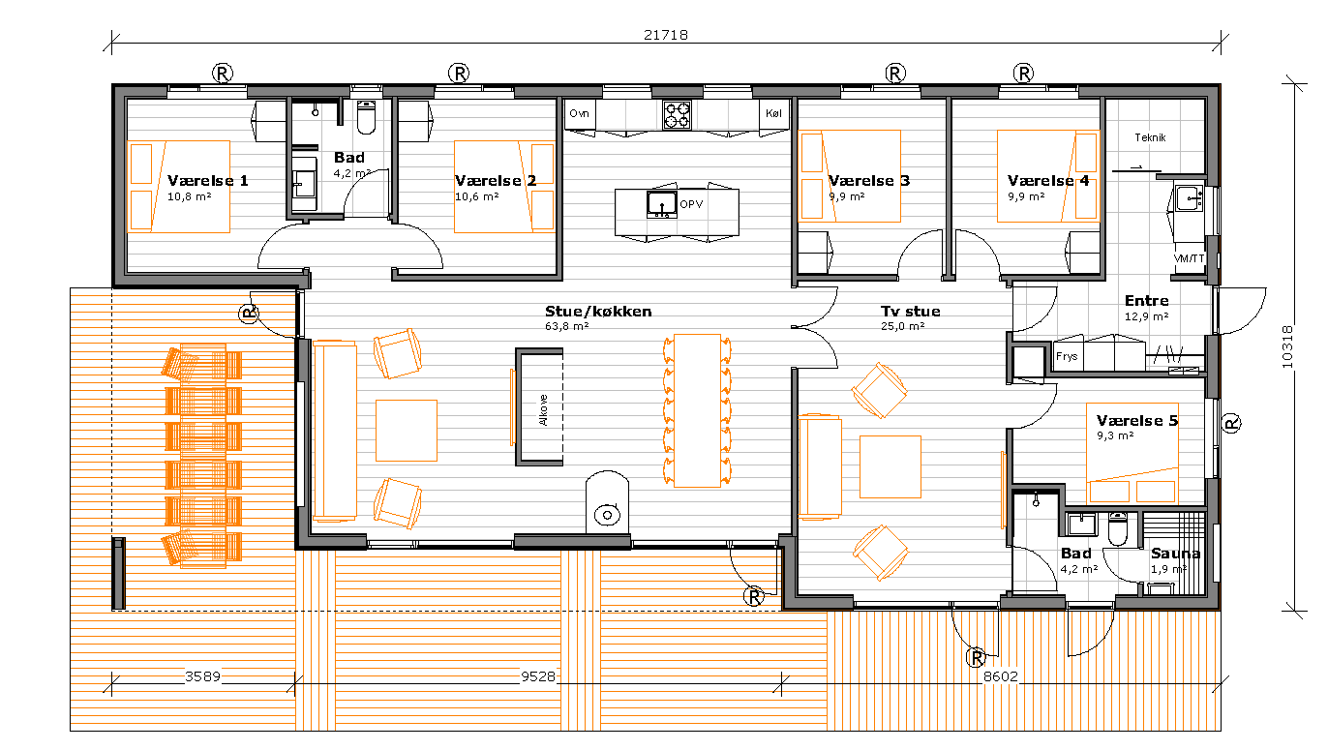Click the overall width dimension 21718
coord(666,35)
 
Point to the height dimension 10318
coord(1287,346)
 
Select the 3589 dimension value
coord(202,676)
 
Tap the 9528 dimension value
coord(538,676)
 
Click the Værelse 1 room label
coord(207,180)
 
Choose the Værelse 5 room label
coord(1137,420)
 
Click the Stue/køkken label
coord(598,312)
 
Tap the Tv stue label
coord(911,312)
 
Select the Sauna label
coord(1176,554)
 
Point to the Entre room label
coord(1147,301)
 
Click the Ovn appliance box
coord(580,114)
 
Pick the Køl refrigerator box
coord(773,114)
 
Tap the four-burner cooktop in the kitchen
coord(677,115)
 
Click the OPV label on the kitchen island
coord(691,204)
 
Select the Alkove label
coord(544,410)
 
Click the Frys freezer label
coord(1067,356)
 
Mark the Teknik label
coord(1150,137)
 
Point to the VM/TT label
coord(1189,258)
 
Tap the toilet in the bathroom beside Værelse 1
coord(366,117)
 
